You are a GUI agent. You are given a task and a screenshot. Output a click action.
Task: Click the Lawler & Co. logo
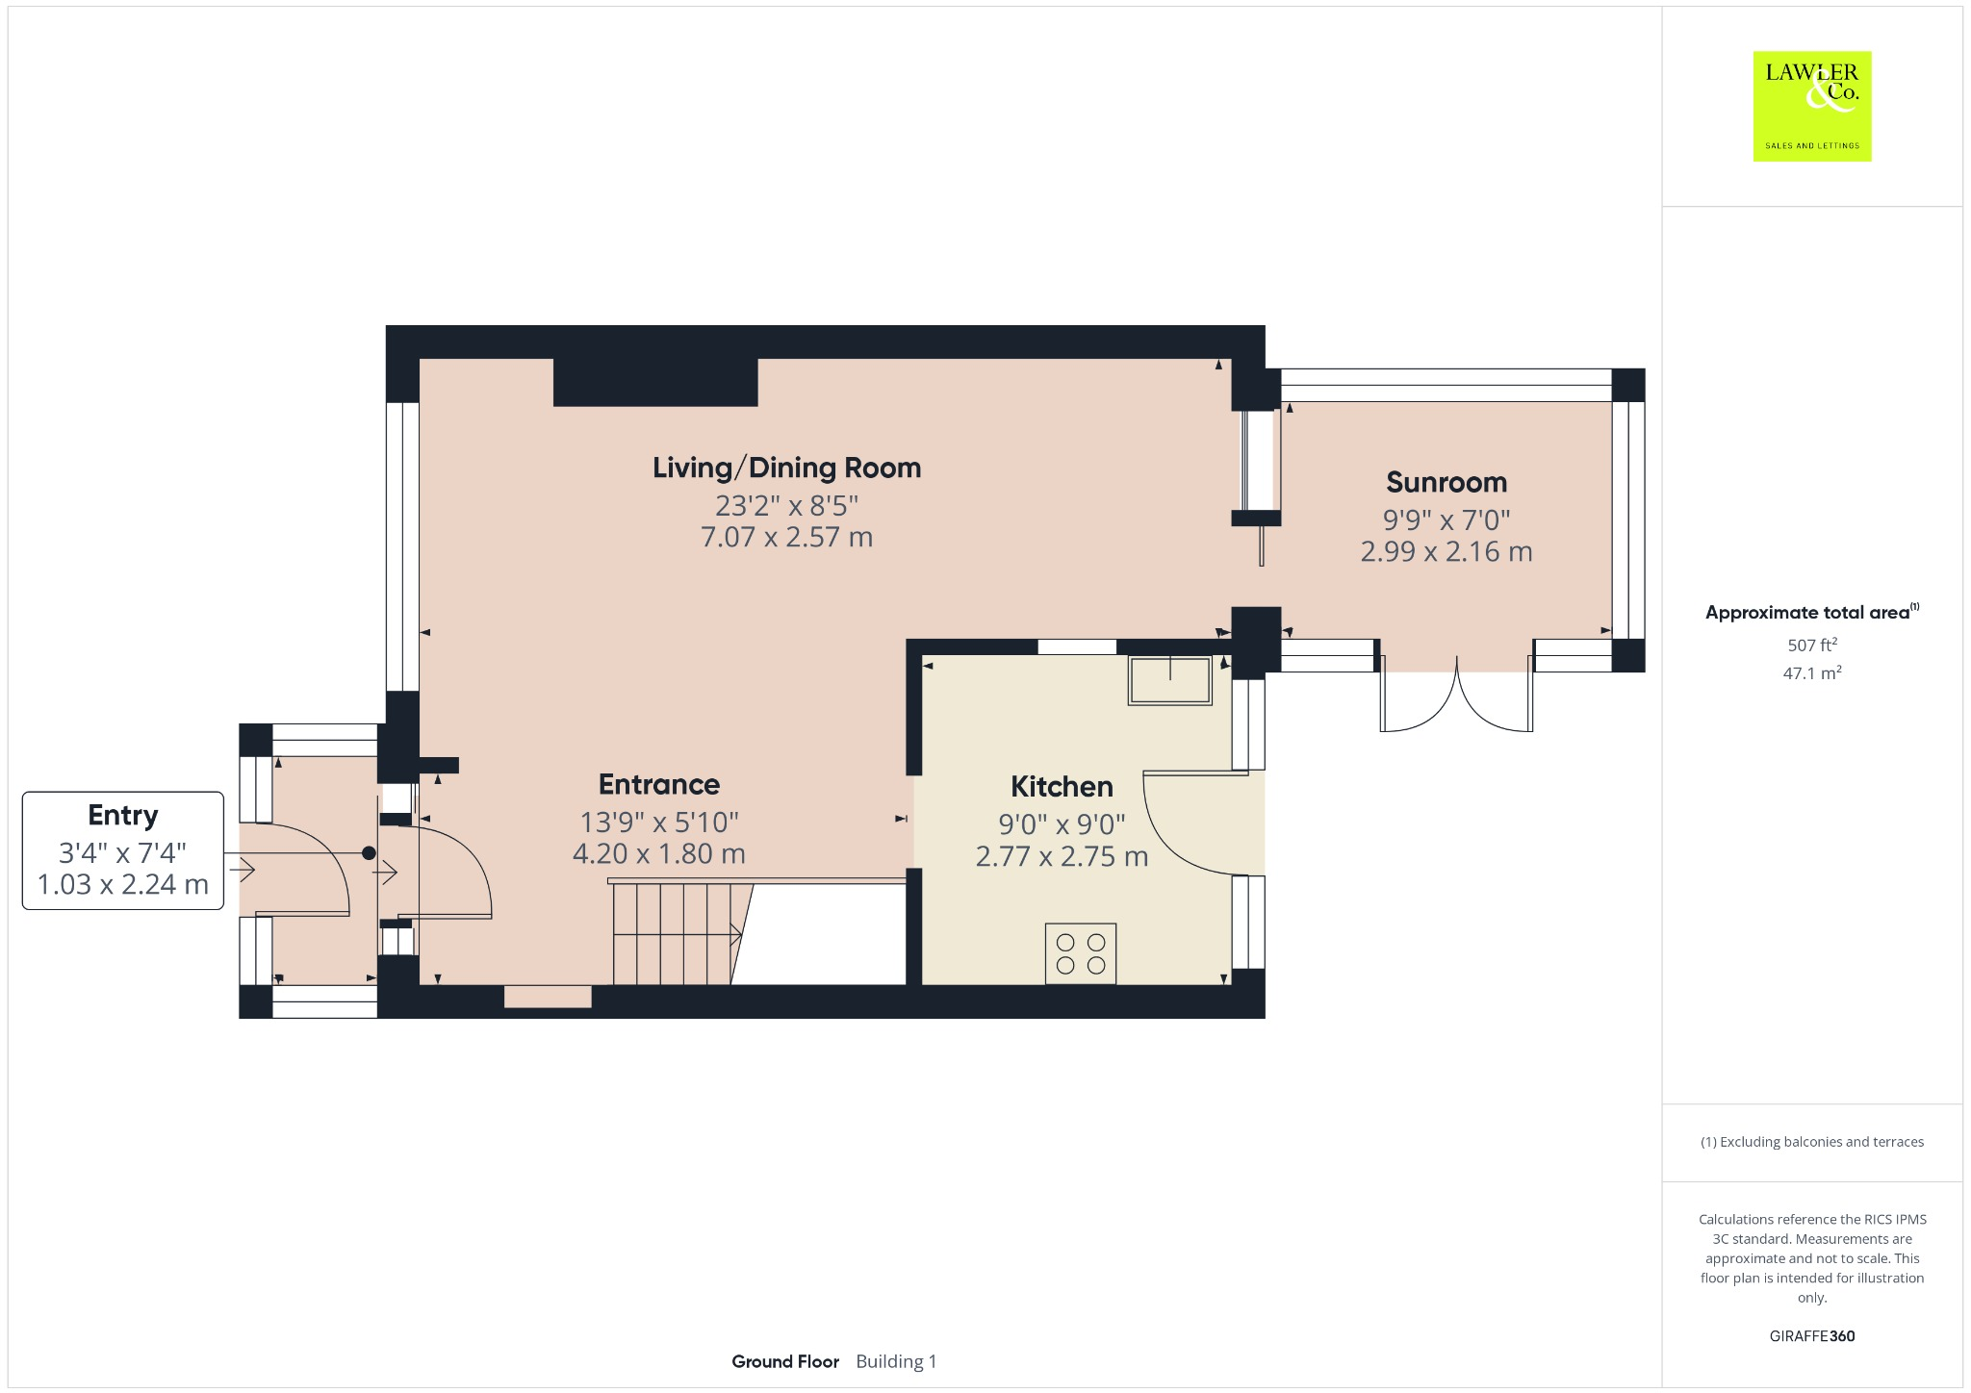pyautogui.click(x=1811, y=106)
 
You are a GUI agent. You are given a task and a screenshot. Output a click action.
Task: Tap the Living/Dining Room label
pyautogui.click(x=786, y=468)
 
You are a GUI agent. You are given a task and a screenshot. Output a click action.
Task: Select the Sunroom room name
pyautogui.click(x=1446, y=482)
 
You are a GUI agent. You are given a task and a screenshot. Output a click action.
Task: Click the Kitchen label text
pyautogui.click(x=1061, y=786)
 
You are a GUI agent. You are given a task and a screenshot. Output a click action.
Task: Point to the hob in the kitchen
pyautogui.click(x=1081, y=953)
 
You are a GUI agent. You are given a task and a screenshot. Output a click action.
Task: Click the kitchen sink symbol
pyautogui.click(x=1170, y=680)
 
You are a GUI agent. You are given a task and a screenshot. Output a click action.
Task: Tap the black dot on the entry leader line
pyautogui.click(x=369, y=853)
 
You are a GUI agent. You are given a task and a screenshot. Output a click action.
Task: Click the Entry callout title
pyautogui.click(x=122, y=815)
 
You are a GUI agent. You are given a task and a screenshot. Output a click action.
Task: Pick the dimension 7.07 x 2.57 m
pyautogui.click(x=786, y=537)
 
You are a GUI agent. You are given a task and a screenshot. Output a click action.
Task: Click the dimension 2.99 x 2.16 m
pyautogui.click(x=1446, y=552)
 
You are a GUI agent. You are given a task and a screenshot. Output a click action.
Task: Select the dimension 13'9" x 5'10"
pyautogui.click(x=658, y=822)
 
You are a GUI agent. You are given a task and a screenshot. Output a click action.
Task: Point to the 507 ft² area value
pyautogui.click(x=1811, y=645)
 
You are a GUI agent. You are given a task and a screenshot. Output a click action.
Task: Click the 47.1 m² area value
pyautogui.click(x=1811, y=673)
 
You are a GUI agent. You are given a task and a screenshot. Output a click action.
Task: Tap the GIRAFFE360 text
pyautogui.click(x=1811, y=1335)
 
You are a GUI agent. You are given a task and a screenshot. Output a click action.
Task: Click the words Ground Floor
pyautogui.click(x=784, y=1361)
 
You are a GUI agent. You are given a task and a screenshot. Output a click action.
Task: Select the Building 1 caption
pyautogui.click(x=895, y=1361)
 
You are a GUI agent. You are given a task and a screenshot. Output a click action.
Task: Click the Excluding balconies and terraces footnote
pyautogui.click(x=1811, y=1142)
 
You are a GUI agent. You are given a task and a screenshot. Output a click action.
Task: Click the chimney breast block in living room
pyautogui.click(x=655, y=382)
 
